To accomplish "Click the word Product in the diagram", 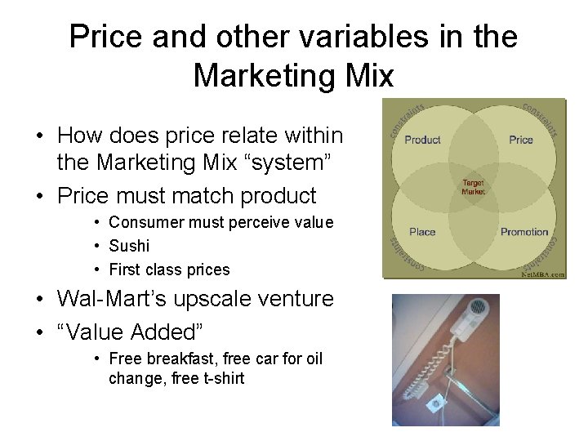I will [422, 140].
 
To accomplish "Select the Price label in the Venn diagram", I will [521, 140].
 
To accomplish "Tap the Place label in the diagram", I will [422, 232].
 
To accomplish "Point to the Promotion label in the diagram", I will [524, 232].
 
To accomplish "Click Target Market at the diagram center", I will [474, 186].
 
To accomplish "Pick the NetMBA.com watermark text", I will [543, 274].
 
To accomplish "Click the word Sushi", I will [129, 246].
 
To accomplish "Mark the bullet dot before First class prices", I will [96, 269].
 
